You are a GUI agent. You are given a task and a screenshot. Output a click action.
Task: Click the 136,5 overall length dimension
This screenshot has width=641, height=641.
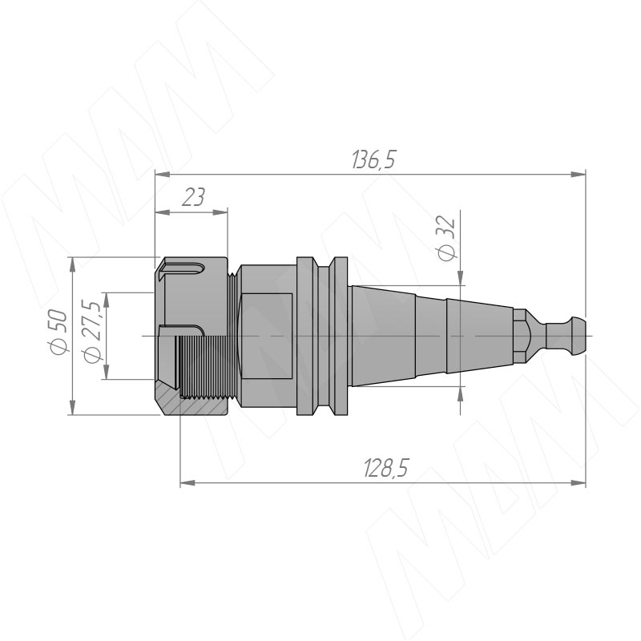point(373,159)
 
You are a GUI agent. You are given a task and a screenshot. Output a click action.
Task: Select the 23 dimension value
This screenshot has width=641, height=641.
point(193,197)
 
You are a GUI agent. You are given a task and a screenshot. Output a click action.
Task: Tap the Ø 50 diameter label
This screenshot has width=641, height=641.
point(58,333)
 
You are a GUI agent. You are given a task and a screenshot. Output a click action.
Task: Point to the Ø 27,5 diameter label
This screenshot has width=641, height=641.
point(91,331)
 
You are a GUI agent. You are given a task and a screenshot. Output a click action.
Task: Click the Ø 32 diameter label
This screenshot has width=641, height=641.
point(446,238)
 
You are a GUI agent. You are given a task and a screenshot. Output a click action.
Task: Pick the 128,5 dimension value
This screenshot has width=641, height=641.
point(386,468)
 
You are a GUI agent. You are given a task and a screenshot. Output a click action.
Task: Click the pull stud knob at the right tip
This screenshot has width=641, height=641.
point(566,336)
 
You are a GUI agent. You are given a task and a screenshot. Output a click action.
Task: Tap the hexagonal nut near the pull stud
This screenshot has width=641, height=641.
point(519,336)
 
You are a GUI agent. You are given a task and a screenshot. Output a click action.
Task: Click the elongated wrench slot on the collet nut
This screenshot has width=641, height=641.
point(183,268)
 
